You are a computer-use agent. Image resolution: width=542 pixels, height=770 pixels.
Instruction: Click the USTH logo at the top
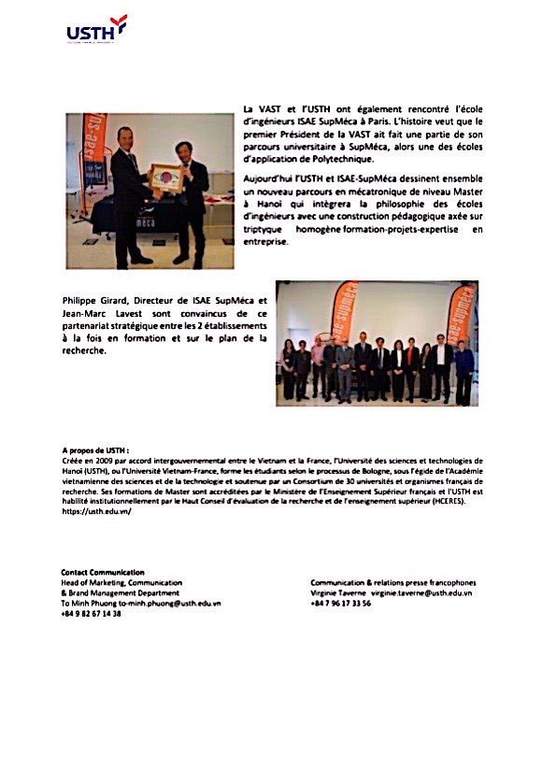(x=96, y=30)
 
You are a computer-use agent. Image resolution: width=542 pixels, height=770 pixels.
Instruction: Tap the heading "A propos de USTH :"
(x=95, y=450)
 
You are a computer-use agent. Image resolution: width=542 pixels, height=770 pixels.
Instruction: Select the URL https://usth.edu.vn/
(x=96, y=512)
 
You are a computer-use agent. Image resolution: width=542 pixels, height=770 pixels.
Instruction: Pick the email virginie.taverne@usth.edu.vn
(x=421, y=592)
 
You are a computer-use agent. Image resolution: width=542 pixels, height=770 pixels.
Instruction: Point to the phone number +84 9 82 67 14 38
(x=92, y=614)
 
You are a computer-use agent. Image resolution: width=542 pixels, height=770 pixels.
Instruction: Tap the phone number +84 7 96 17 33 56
(x=341, y=604)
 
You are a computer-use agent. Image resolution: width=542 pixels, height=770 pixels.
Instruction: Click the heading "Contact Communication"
(x=103, y=572)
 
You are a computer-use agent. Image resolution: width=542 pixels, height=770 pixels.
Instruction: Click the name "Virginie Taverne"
(x=339, y=592)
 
